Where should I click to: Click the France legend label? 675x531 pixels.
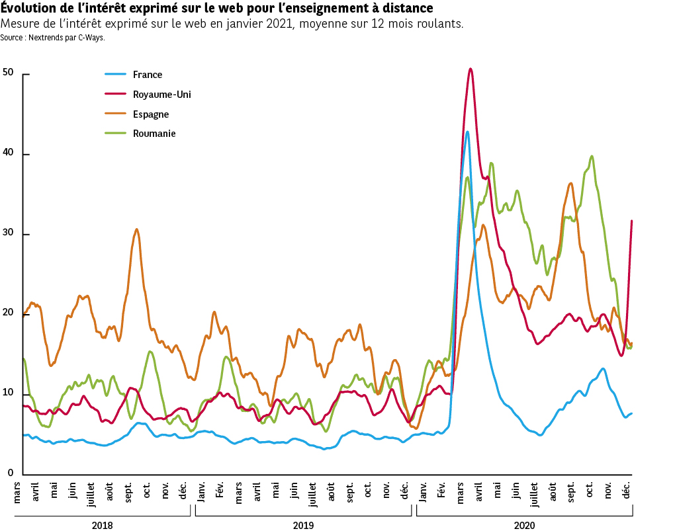coord(147,75)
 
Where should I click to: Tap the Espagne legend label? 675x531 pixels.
coord(150,114)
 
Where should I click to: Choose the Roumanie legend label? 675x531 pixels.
coord(154,134)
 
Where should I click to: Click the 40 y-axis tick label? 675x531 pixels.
coord(9,153)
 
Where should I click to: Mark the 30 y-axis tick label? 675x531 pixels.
coord(9,233)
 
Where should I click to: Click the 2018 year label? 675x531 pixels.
coord(102,525)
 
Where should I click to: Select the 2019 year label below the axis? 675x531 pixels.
coord(303,525)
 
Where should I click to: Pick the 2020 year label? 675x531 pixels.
coord(524,525)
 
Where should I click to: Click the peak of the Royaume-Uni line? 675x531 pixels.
coord(470,69)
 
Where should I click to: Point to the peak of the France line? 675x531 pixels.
coord(467,132)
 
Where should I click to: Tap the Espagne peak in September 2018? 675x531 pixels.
coord(136,229)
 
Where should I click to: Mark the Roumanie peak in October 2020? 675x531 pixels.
coord(591,156)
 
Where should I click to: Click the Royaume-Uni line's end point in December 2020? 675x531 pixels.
coord(632,221)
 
